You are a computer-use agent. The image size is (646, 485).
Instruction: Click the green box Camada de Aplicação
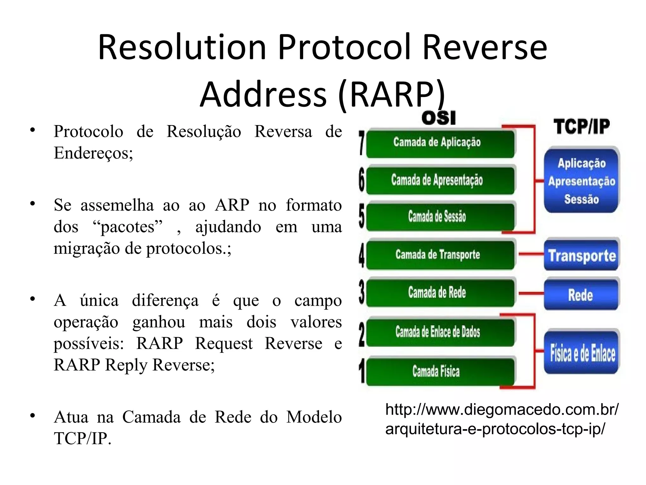click(440, 143)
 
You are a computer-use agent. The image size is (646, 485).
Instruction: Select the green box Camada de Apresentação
click(440, 180)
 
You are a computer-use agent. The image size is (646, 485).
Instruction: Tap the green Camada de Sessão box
click(440, 217)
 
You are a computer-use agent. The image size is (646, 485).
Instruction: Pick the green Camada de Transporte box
click(440, 254)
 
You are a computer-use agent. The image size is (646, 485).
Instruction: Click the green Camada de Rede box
click(440, 292)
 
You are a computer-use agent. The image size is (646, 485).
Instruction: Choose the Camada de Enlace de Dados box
click(440, 332)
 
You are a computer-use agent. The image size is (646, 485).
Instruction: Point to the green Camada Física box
click(440, 371)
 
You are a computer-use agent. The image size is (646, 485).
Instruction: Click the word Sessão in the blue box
click(581, 199)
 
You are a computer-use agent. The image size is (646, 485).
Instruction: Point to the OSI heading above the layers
click(438, 118)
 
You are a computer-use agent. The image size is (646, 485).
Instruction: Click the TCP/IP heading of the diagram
click(581, 127)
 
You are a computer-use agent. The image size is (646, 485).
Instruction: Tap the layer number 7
click(362, 144)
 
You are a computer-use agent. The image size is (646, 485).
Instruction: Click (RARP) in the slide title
click(391, 94)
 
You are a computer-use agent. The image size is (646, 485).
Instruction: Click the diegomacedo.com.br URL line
click(502, 410)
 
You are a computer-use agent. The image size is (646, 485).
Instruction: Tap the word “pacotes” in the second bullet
click(128, 227)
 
